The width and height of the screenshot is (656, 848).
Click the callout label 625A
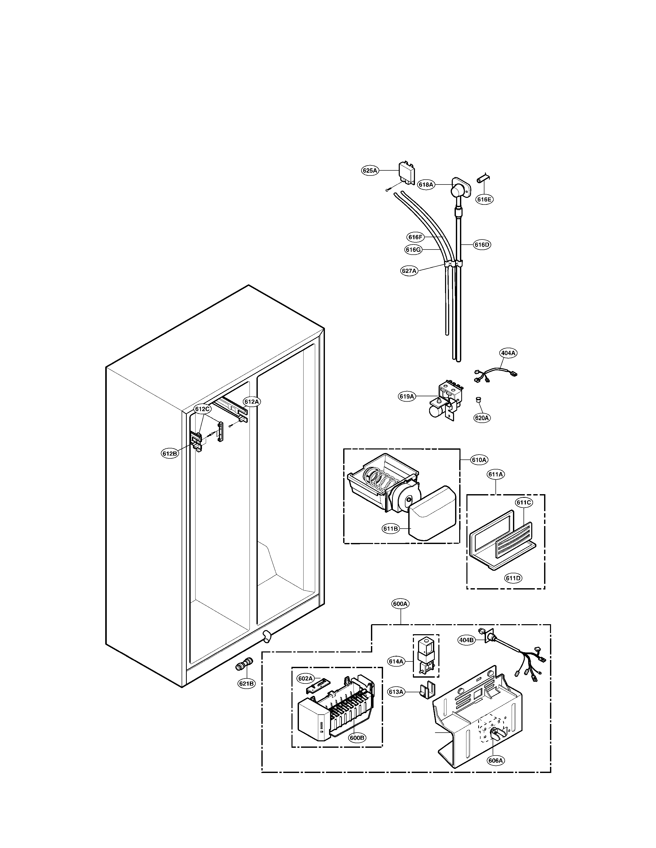point(370,170)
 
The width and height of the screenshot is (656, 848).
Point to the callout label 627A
point(409,271)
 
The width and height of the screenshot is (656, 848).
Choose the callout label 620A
point(482,418)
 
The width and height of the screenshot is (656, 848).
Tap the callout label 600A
point(400,604)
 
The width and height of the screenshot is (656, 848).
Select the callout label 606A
point(496,760)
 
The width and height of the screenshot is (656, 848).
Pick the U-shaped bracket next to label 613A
point(426,690)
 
